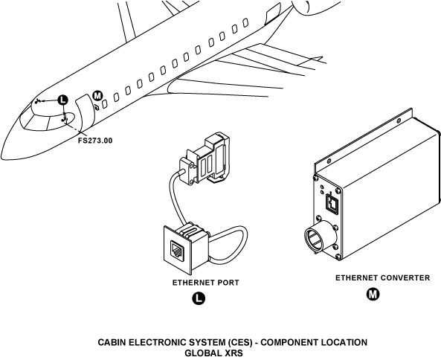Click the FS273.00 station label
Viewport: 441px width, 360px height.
tap(95, 141)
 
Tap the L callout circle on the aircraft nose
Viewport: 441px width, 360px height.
tap(63, 100)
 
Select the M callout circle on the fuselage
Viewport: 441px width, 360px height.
tap(97, 96)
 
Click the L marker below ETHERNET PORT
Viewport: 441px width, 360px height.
tap(199, 298)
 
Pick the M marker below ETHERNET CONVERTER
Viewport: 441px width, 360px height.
tap(373, 295)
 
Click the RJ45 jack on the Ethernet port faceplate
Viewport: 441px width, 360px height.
tap(177, 250)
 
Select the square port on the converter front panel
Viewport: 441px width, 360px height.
tap(332, 203)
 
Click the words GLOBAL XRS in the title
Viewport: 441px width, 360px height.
tap(213, 353)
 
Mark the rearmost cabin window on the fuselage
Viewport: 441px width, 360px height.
tap(245, 22)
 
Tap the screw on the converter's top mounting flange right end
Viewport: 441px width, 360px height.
tap(399, 121)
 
